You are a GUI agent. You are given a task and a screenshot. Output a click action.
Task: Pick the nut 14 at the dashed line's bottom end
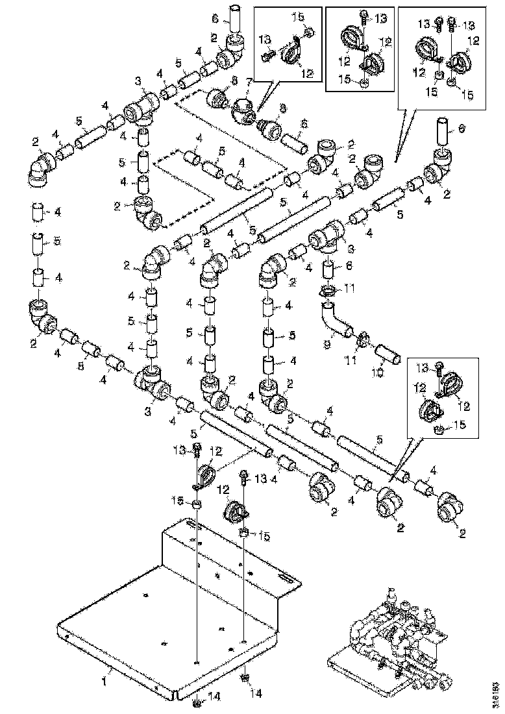(196, 702)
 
